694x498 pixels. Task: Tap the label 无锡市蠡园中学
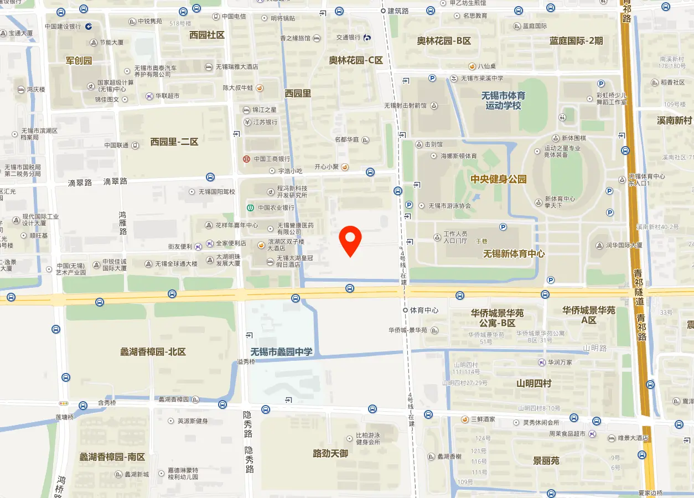(281, 352)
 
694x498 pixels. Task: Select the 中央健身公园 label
(498, 179)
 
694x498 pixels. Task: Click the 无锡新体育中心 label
(514, 253)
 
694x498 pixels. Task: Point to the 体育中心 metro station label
(424, 310)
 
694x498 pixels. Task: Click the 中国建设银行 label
(63, 26)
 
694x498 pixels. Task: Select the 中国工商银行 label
(272, 159)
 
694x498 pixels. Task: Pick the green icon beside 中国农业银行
(251, 208)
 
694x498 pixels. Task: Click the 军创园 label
(79, 60)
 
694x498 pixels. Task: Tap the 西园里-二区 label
(174, 142)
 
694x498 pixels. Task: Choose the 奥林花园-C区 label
(356, 60)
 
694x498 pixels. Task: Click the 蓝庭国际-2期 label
(576, 40)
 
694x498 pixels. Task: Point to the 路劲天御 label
(330, 453)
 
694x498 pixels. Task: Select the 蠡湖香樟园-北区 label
(153, 351)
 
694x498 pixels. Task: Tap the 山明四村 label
(534, 383)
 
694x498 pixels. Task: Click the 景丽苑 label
(546, 460)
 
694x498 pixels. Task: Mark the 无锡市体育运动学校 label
(503, 100)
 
